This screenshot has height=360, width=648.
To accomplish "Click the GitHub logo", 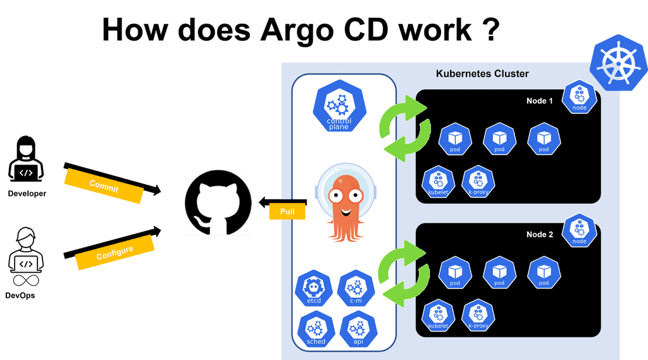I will (218, 203).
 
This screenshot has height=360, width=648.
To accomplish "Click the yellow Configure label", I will (115, 252).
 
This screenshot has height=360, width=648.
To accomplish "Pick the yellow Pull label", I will (287, 211).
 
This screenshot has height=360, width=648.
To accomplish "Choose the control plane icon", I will (338, 108).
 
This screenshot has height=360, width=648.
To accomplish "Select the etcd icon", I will (315, 290).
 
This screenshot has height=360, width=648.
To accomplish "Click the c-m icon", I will (356, 290).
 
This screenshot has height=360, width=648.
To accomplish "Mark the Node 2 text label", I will (540, 235).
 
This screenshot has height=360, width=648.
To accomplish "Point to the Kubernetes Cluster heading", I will (482, 73).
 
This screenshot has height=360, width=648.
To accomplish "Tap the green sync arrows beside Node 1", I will (402, 125).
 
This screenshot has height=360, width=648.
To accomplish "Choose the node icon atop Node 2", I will (579, 230).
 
